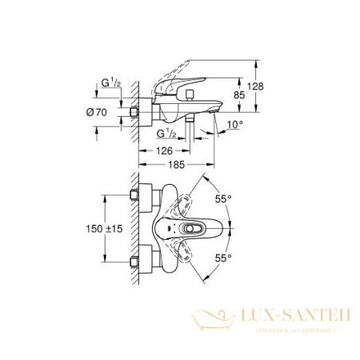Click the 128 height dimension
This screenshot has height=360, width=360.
[x=256, y=86]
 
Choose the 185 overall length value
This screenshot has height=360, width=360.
[x=175, y=164]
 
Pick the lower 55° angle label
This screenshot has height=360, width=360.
[x=224, y=258]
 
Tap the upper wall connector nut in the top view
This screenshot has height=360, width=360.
[x=135, y=198]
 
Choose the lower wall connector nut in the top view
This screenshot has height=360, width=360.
[x=135, y=260]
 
